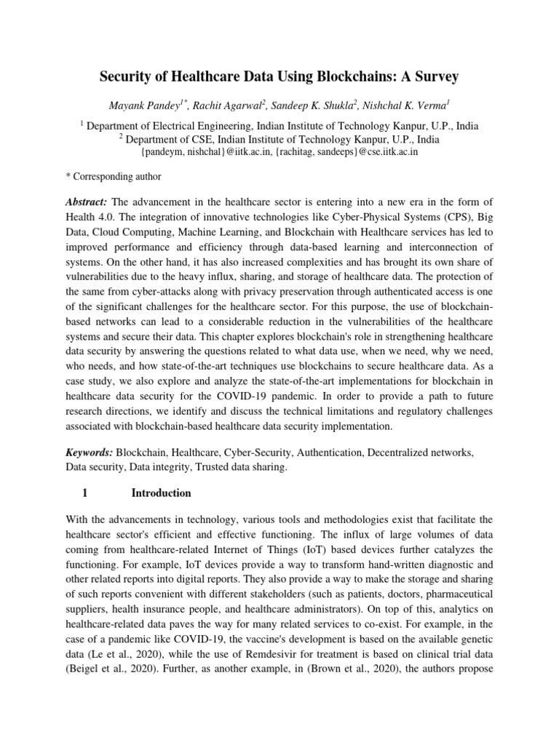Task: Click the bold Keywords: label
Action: point(90,453)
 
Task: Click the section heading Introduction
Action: point(161,493)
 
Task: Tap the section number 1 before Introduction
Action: point(85,493)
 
